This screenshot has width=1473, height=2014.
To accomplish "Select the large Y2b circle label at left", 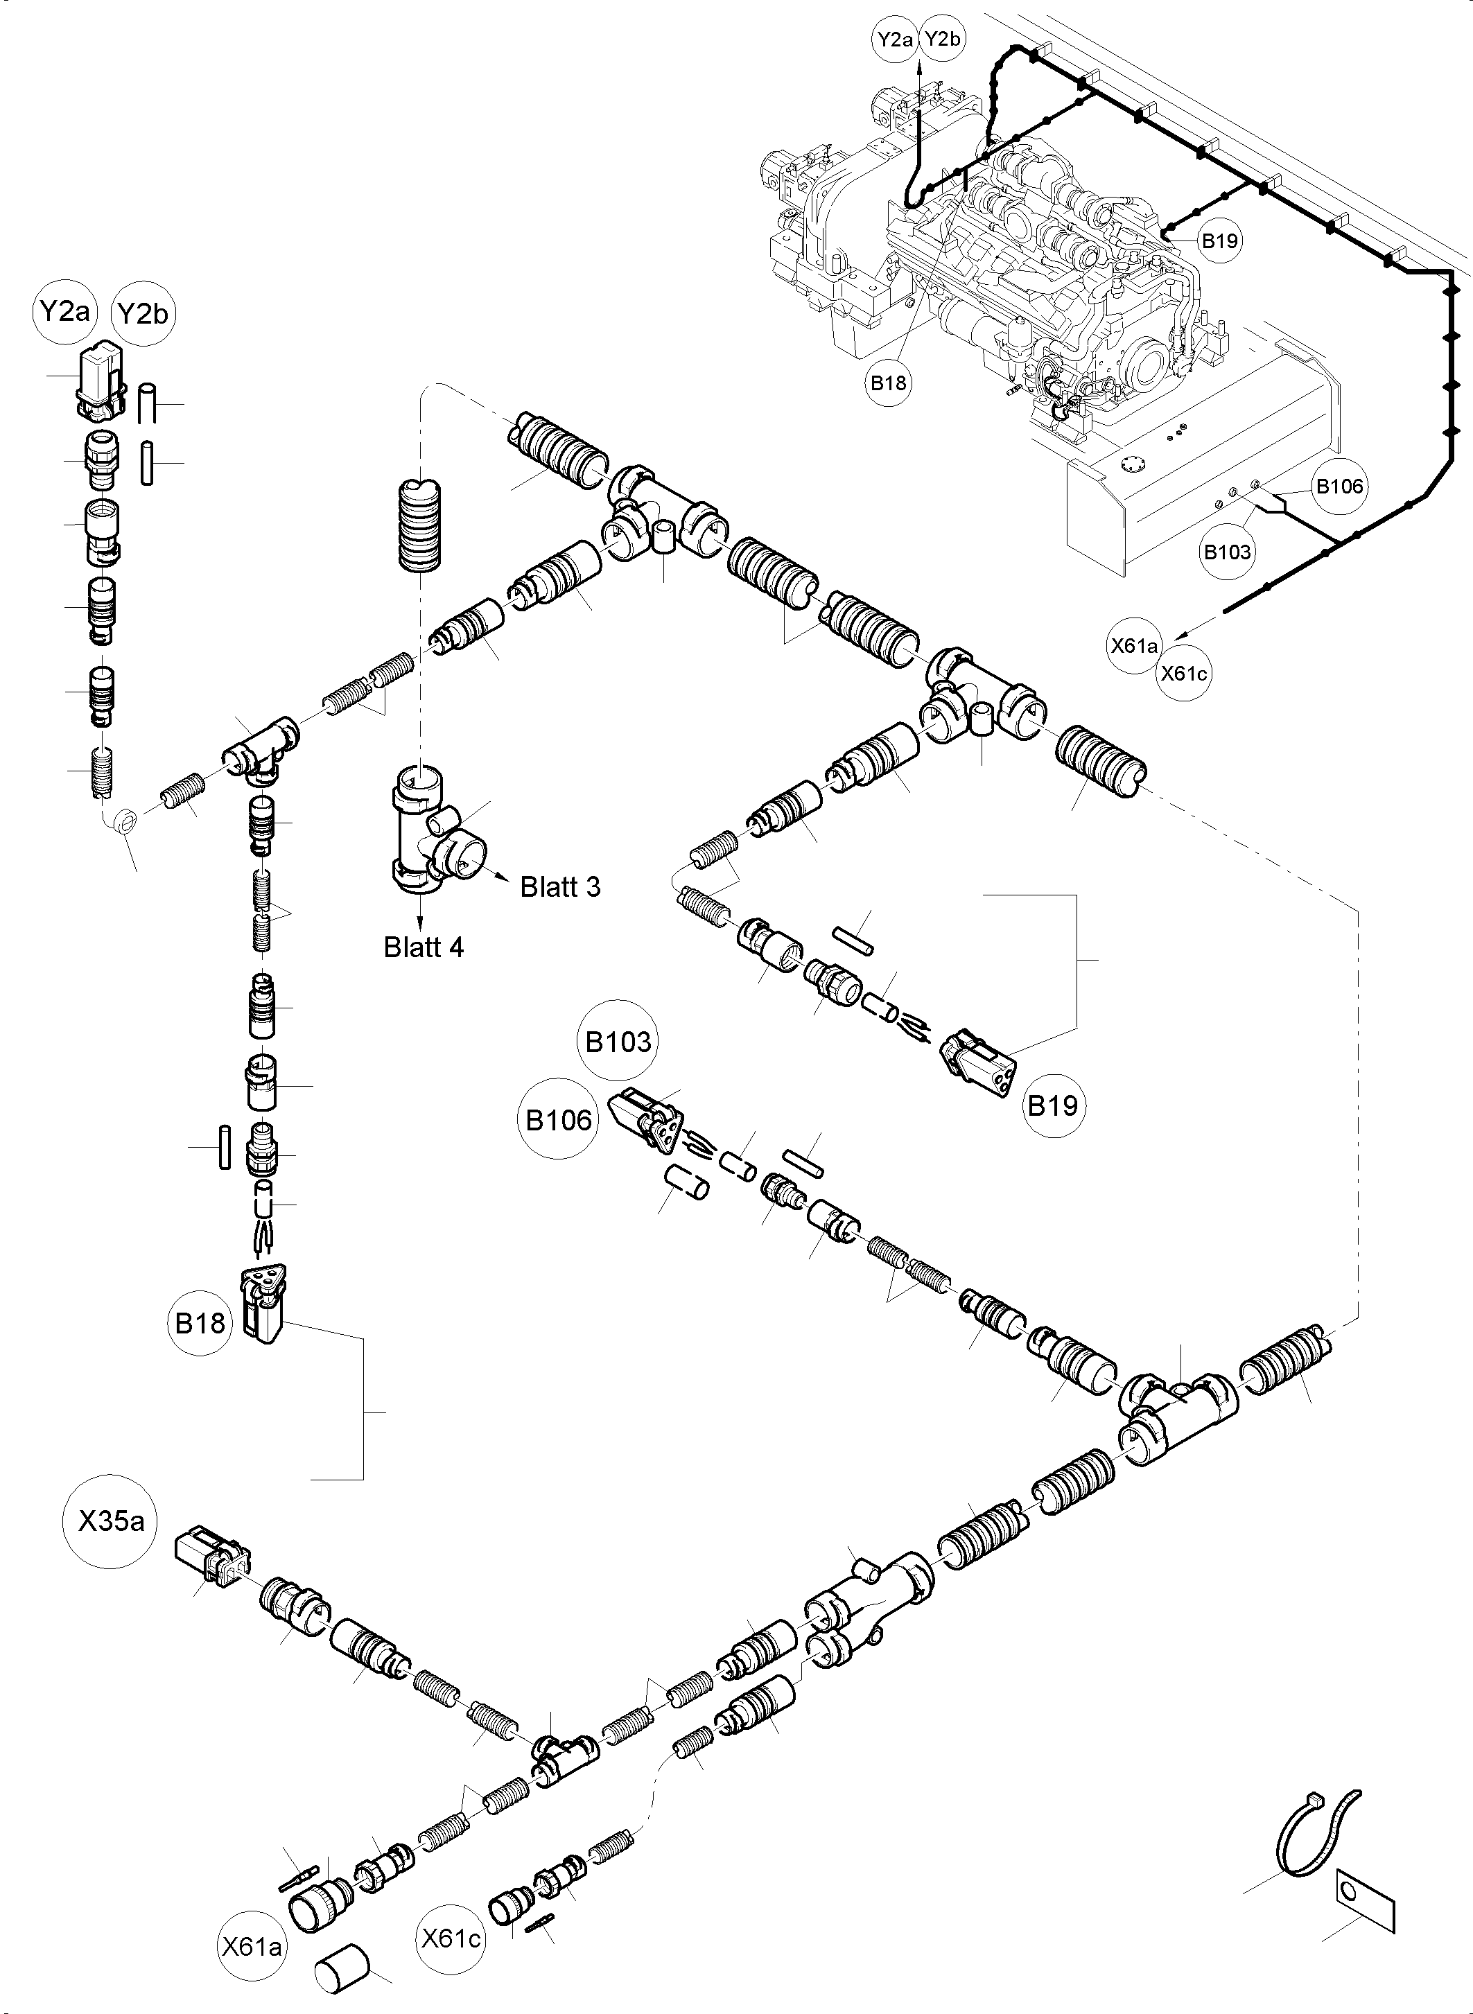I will click(x=143, y=315).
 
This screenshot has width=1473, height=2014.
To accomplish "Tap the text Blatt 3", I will click(x=560, y=887).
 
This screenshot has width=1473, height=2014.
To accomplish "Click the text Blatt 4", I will click(x=424, y=947).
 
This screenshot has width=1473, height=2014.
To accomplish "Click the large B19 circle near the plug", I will click(x=1053, y=1105).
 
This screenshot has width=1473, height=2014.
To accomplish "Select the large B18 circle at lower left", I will click(x=200, y=1323).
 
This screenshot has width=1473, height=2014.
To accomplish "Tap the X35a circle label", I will click(x=111, y=1521).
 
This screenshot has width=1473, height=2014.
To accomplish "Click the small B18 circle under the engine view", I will click(x=888, y=383).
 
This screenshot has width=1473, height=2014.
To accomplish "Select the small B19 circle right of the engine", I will click(x=1219, y=240).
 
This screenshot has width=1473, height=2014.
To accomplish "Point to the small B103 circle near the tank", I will click(x=1227, y=552).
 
